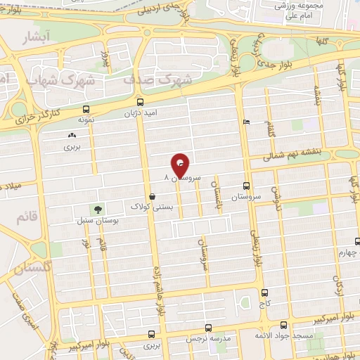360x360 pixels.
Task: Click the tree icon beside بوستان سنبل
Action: tap(97, 210)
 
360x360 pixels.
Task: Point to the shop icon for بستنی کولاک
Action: tap(153, 196)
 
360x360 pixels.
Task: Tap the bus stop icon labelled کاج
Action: tap(264, 292)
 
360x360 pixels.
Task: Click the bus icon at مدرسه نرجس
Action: tap(209, 328)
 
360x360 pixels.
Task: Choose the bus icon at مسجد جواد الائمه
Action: tap(283, 326)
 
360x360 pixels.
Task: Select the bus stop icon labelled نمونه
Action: tap(86, 110)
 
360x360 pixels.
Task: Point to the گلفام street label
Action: tap(270, 129)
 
